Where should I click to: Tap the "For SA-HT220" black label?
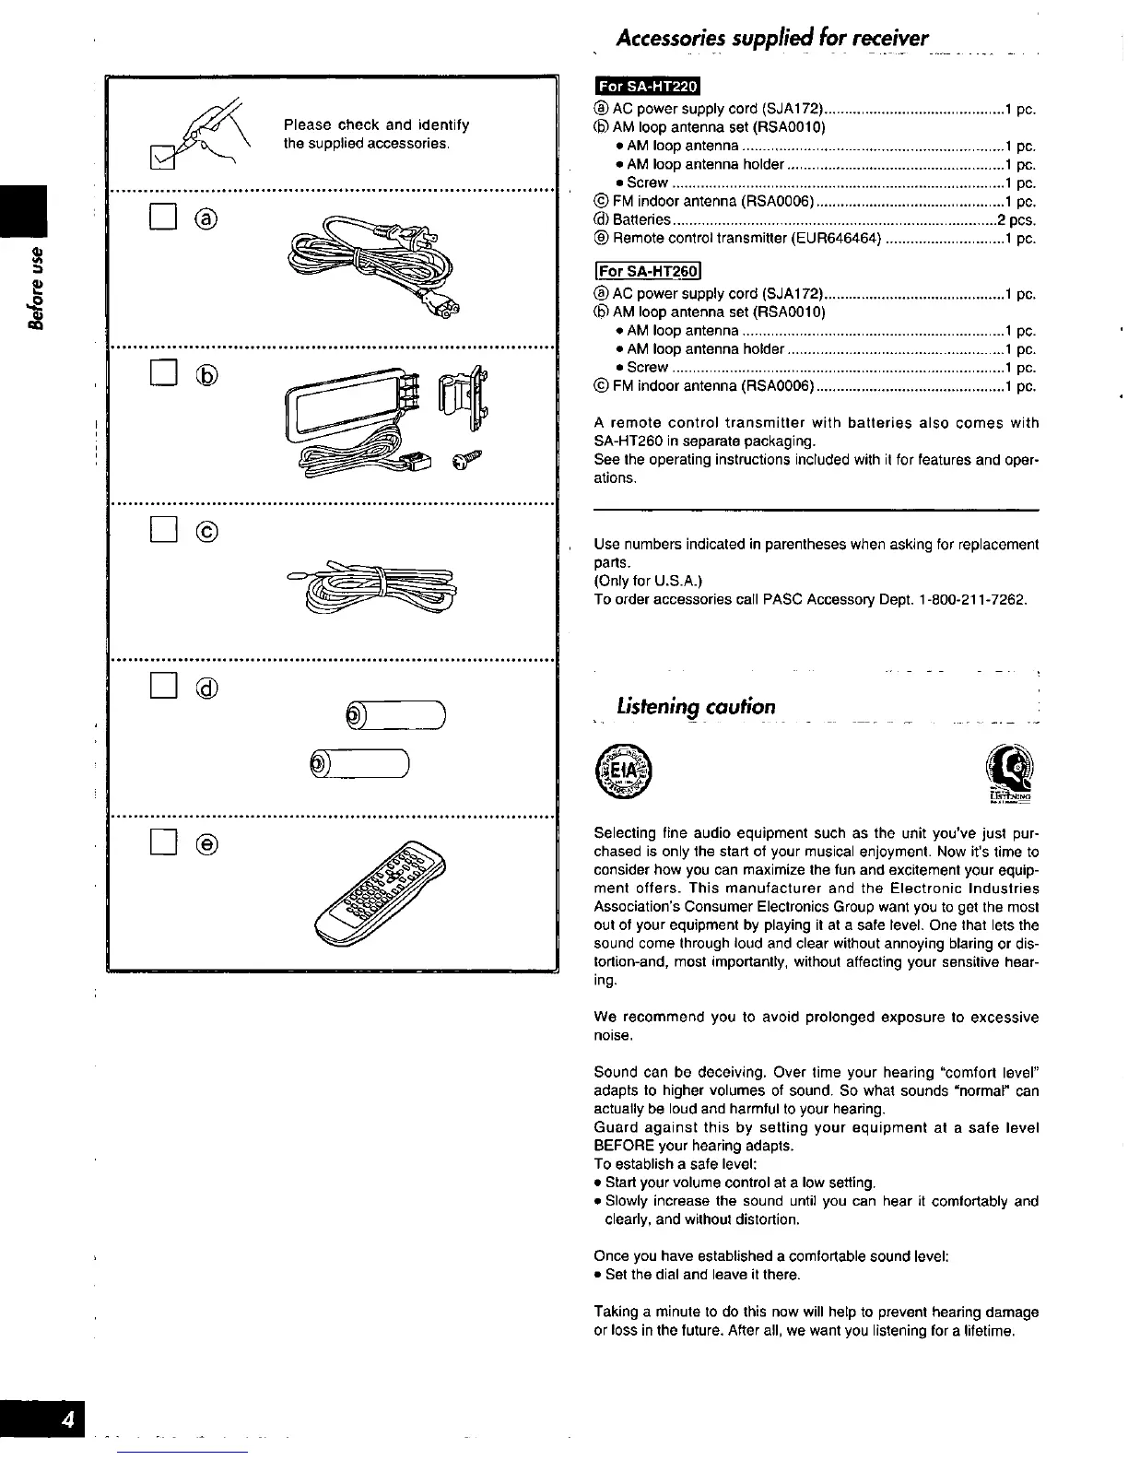[x=648, y=87]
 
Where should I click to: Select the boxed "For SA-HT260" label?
[x=649, y=271]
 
